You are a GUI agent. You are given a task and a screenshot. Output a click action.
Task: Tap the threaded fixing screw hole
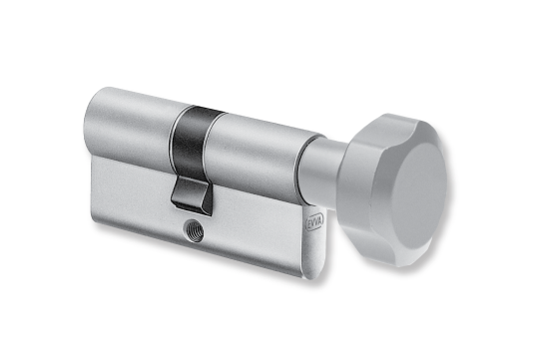click(191, 231)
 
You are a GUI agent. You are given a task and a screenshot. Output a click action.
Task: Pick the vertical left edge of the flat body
click(92, 184)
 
